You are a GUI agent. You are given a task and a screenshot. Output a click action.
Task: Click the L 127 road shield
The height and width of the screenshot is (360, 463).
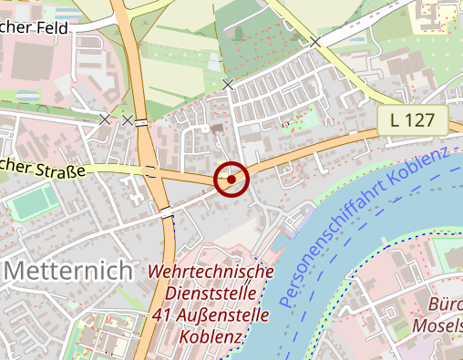412,118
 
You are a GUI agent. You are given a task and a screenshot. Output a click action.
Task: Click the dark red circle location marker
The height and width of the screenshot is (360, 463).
231,180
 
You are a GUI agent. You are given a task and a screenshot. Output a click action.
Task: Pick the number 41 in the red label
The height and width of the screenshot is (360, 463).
164,316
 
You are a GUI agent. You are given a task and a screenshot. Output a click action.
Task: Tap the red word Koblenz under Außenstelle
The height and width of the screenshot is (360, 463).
211,337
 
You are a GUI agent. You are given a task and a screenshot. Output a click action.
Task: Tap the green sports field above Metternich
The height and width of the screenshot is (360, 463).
31,201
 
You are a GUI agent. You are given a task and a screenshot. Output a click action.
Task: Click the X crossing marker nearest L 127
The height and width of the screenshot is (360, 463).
315,42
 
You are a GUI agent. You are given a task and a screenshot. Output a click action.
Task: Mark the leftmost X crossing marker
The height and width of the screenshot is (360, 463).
105,119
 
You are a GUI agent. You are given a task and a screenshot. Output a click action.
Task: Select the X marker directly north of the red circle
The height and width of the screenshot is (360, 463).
228,85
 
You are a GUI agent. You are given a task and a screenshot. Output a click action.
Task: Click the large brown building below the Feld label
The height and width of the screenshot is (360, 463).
36,65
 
